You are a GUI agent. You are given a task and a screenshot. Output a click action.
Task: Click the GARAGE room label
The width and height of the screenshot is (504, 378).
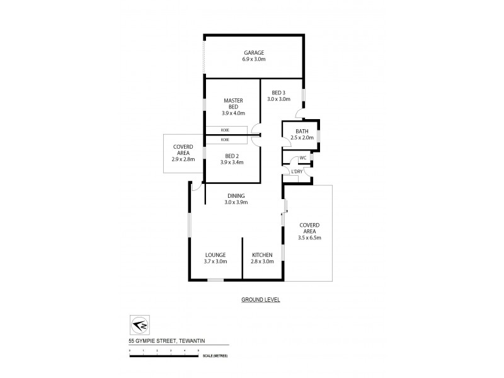pyautogui.click(x=255, y=52)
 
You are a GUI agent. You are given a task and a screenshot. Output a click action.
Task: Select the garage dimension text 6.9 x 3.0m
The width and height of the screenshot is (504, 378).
pyautogui.click(x=255, y=59)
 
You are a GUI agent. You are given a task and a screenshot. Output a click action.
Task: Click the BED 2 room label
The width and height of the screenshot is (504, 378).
pyautogui.click(x=232, y=156)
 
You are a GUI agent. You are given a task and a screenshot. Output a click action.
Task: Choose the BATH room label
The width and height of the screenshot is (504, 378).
pyautogui.click(x=302, y=131)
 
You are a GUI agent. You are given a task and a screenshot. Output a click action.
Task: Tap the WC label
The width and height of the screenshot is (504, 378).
pyautogui.click(x=302, y=157)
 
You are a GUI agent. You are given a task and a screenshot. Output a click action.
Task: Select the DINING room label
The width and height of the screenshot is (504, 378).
pyautogui.click(x=236, y=195)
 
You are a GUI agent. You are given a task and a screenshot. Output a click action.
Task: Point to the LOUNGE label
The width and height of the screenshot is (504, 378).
pyautogui.click(x=215, y=255)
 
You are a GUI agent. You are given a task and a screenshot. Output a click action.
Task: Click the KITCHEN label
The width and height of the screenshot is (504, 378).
pyautogui.click(x=262, y=255)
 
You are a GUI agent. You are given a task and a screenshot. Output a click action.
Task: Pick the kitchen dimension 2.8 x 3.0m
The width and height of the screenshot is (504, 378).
pyautogui.click(x=262, y=261)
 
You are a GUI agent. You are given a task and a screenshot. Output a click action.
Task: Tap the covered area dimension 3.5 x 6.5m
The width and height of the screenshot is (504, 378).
pyautogui.click(x=309, y=238)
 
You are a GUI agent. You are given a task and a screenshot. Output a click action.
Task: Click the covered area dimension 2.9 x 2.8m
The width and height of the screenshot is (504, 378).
pyautogui.click(x=183, y=159)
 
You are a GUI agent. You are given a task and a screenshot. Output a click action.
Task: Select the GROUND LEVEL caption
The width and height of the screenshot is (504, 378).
pyautogui.click(x=260, y=300)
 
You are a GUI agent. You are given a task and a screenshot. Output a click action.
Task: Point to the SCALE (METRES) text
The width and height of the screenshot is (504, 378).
pyautogui.click(x=215, y=356)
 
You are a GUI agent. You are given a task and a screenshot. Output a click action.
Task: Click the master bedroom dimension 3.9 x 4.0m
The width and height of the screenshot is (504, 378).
pyautogui.click(x=232, y=113)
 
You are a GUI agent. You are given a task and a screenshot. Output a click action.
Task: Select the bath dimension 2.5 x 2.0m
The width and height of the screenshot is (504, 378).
pyautogui.click(x=302, y=138)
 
